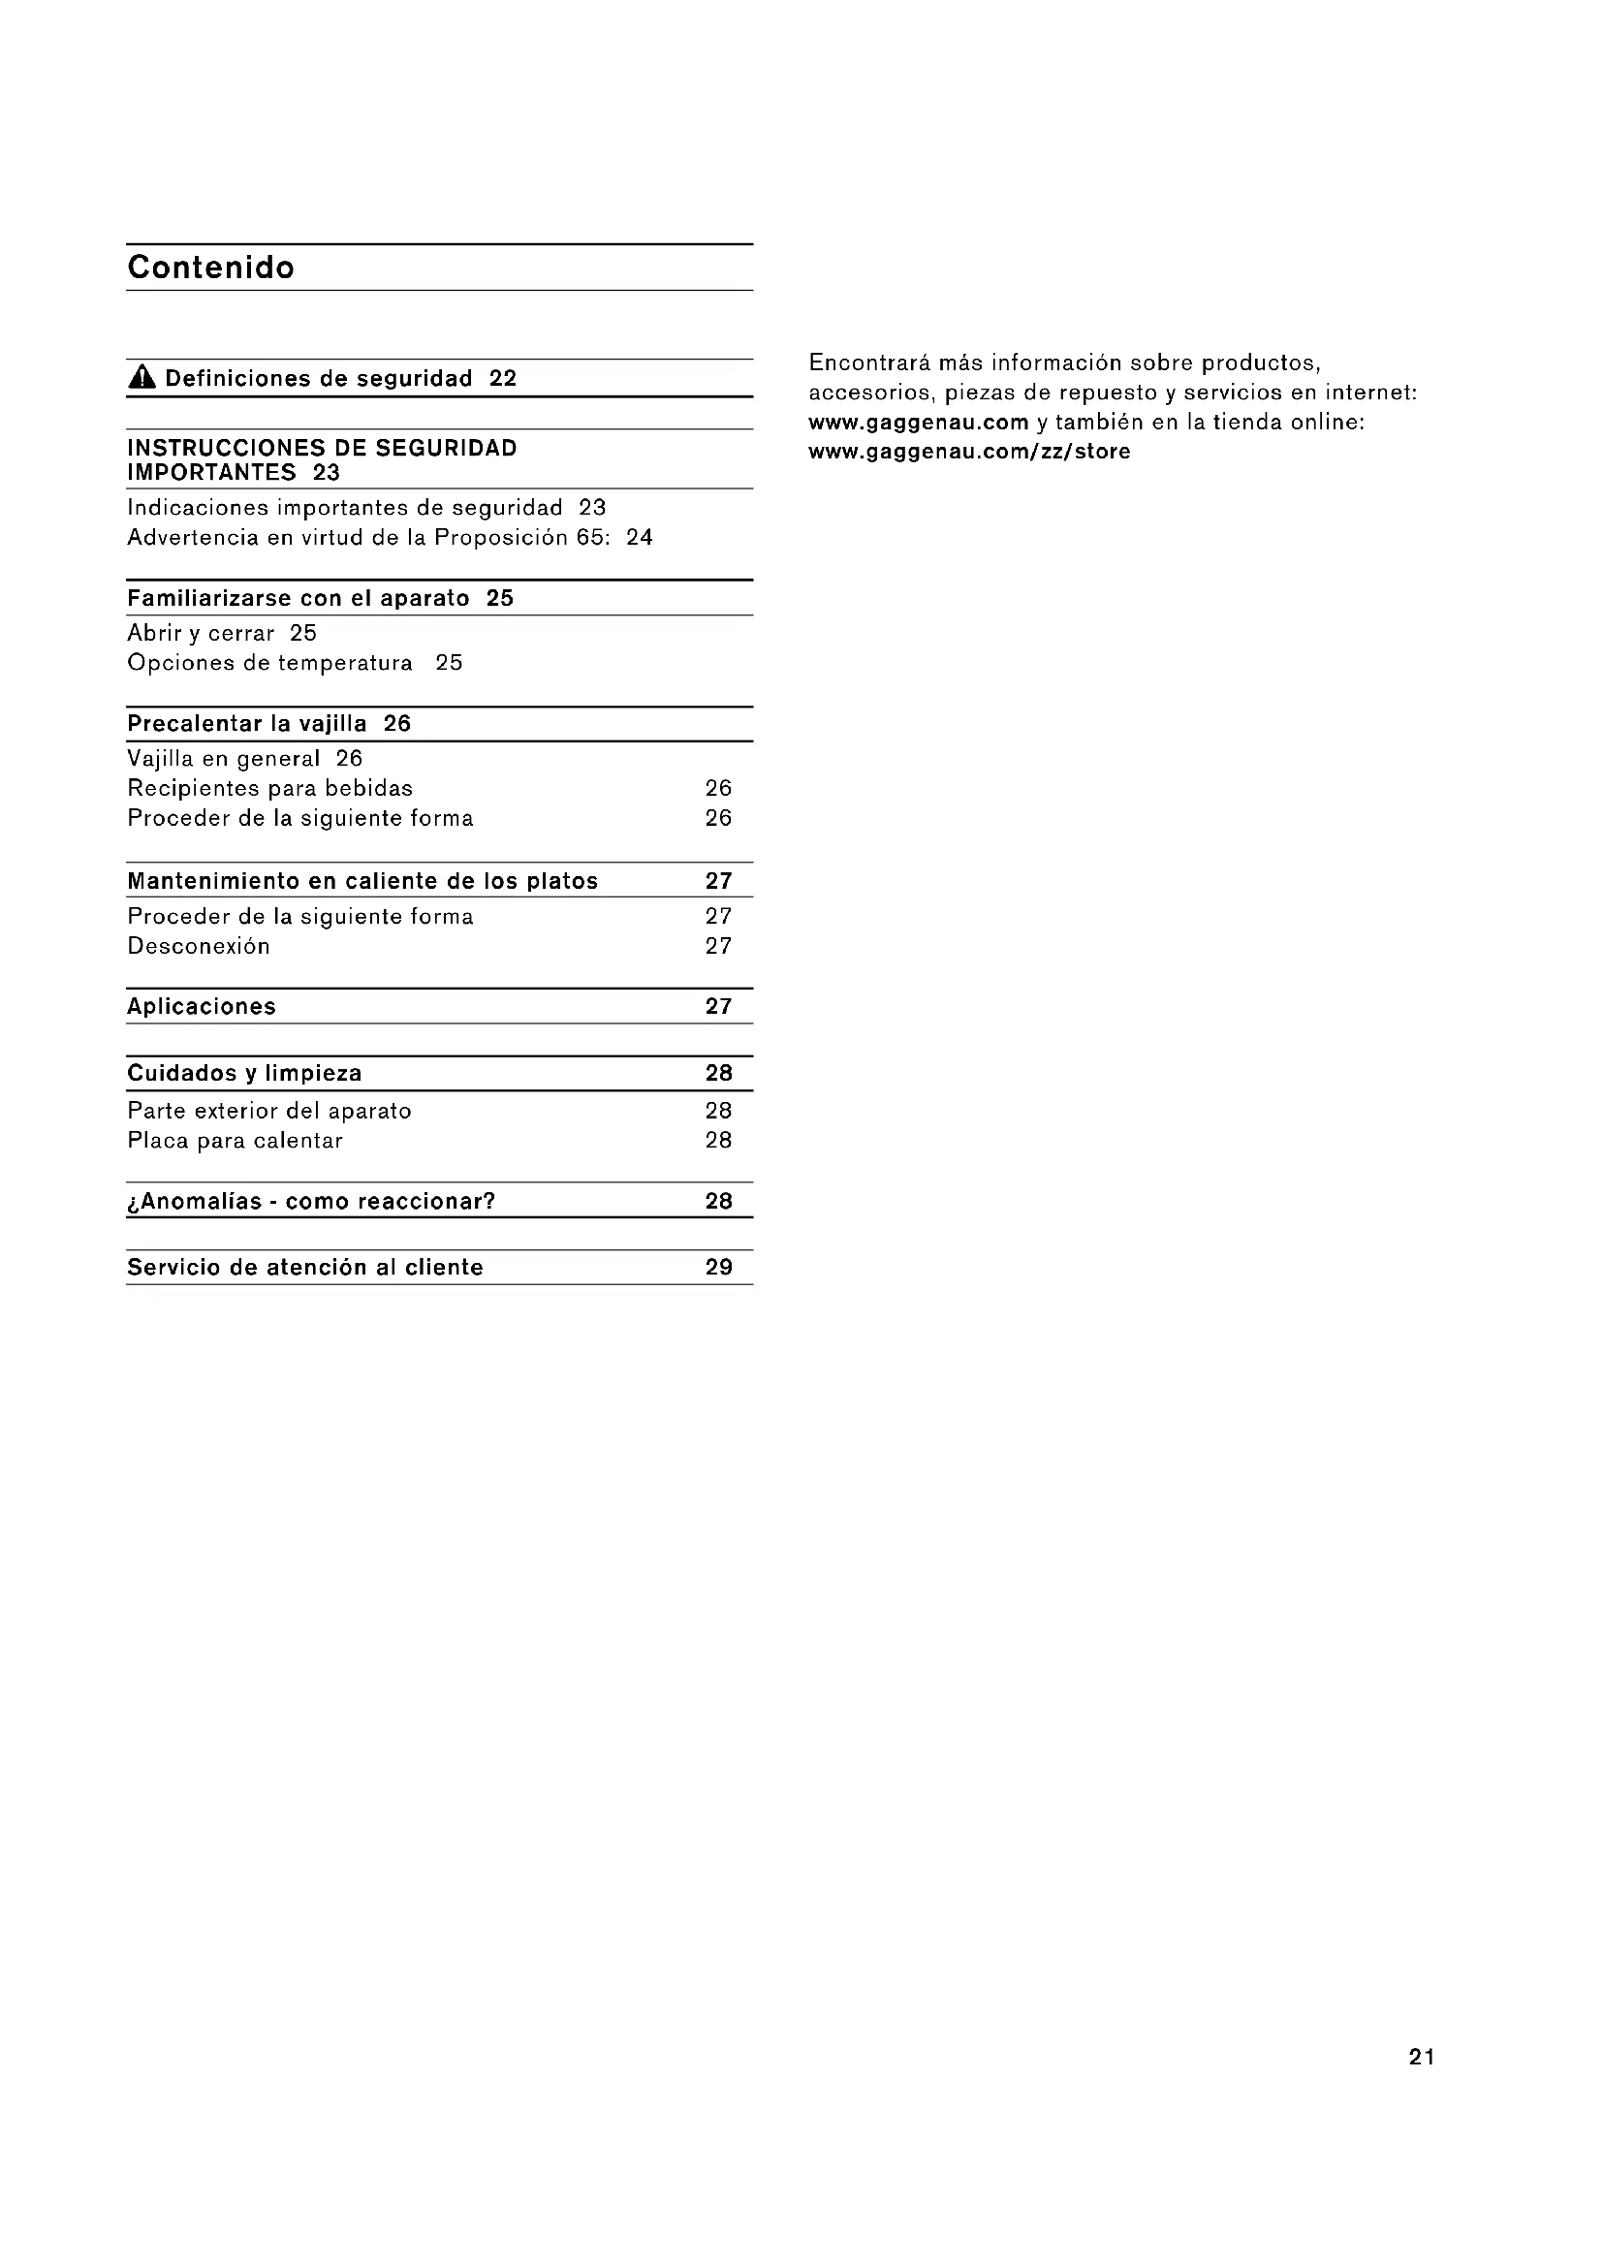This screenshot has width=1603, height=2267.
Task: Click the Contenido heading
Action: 210,268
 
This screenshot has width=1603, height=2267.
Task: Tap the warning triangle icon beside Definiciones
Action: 142,377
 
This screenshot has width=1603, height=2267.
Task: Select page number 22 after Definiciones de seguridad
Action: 502,378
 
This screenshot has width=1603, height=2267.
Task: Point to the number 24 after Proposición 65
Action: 639,537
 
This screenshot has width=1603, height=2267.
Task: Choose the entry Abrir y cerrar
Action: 201,633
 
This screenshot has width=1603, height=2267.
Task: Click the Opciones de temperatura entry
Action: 269,663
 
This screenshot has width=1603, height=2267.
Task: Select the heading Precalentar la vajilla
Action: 247,724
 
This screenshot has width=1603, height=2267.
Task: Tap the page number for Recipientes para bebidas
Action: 717,788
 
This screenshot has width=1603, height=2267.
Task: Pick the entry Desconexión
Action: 199,946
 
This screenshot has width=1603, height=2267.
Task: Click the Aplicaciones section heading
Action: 202,1006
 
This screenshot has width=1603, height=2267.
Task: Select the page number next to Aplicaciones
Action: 717,1006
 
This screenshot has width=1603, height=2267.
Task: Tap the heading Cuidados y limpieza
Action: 244,1073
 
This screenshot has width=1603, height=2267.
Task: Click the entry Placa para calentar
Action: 235,1141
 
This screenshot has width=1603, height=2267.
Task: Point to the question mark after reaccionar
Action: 488,1201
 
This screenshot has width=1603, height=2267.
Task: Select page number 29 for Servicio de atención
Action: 717,1267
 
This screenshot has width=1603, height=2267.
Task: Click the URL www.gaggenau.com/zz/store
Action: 969,452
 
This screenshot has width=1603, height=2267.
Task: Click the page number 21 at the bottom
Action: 1422,2057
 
